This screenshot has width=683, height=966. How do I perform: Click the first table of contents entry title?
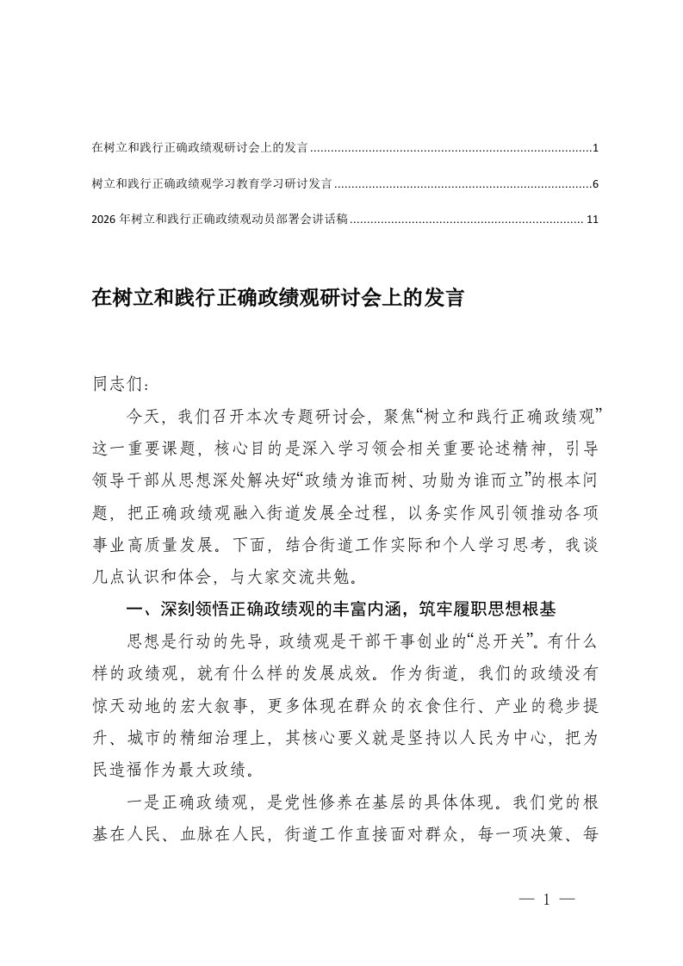coord(200,149)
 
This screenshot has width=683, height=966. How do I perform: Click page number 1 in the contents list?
coord(595,149)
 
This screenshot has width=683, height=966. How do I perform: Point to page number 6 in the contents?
coord(595,184)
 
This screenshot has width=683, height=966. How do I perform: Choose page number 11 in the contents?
coord(592,220)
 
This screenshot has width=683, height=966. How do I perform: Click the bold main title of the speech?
coord(277,300)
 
